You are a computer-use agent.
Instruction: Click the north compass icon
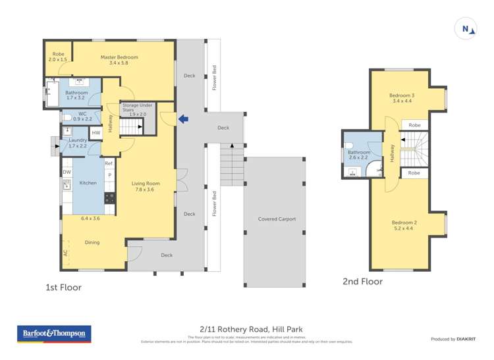click(x=465, y=28)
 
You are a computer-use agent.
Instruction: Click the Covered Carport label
click(x=277, y=219)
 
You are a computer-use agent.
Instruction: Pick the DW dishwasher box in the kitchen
click(x=67, y=172)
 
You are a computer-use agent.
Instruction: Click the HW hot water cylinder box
click(x=96, y=133)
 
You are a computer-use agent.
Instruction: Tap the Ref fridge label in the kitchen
click(x=109, y=163)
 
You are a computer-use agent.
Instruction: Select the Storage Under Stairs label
click(x=138, y=108)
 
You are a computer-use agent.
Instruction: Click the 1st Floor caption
click(x=63, y=288)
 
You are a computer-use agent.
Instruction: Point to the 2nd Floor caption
click(x=362, y=282)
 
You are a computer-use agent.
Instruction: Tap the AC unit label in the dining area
click(x=65, y=253)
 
